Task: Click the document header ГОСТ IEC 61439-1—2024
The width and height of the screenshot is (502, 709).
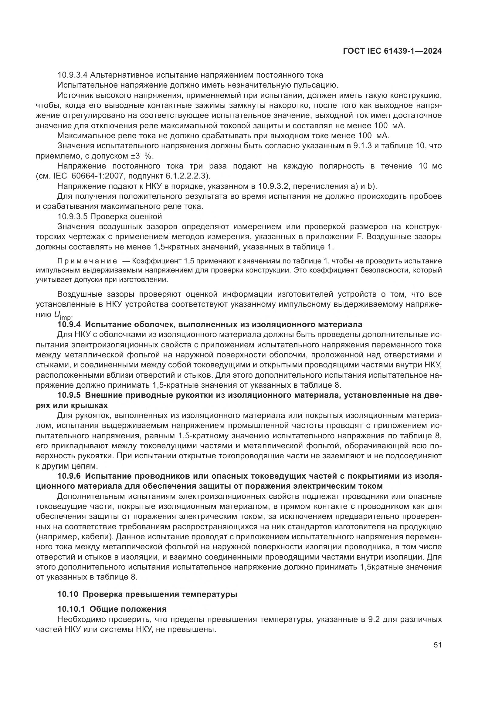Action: coord(392,51)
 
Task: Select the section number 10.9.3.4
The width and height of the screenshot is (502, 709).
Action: coord(73,75)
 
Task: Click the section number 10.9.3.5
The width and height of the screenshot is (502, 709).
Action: coord(73,216)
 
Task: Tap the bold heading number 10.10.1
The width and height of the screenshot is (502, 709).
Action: coord(71,609)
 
